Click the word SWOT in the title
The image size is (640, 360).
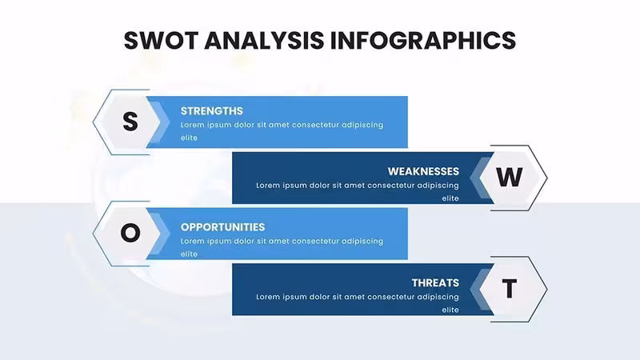coord(161,41)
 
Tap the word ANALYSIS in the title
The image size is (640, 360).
coord(264,41)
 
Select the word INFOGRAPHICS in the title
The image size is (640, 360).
coord(423,41)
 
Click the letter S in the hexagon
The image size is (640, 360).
coord(130,122)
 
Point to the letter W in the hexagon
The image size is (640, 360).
coord(510,177)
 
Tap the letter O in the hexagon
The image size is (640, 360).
coord(130,233)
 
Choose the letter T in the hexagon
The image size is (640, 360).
coord(510,289)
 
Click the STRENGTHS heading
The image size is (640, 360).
coord(212,111)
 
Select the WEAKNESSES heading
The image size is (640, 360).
coord(423,171)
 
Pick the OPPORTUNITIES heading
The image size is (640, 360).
coord(223,227)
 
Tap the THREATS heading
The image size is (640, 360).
coord(435,283)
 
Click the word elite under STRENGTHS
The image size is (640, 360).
coord(189,138)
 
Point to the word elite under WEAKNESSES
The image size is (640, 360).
coord(450,198)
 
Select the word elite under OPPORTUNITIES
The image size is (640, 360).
coord(189,254)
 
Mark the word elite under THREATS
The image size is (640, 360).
coord(450,310)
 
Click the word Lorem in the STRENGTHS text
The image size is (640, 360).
coord(192,125)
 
